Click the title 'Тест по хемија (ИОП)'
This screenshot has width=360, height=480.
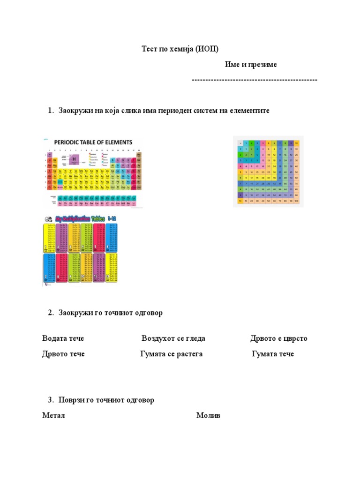pyautogui.click(x=180, y=49)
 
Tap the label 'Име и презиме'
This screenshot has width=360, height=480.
pyautogui.click(x=251, y=64)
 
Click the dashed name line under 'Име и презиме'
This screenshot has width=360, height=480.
pyautogui.click(x=255, y=80)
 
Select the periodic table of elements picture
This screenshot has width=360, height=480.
pyautogui.click(x=93, y=172)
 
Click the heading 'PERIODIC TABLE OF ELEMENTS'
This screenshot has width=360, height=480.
pyautogui.click(x=93, y=142)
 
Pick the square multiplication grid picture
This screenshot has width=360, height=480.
pyautogui.click(x=268, y=171)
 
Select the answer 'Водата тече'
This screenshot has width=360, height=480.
pyautogui.click(x=63, y=338)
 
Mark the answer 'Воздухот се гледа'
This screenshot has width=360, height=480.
pyautogui.click(x=173, y=338)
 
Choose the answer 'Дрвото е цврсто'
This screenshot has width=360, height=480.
pyautogui.click(x=279, y=338)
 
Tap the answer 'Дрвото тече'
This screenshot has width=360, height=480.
pyautogui.click(x=63, y=354)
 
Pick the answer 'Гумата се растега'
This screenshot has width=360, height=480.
pyautogui.click(x=171, y=354)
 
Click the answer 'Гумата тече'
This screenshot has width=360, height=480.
pyautogui.click(x=273, y=354)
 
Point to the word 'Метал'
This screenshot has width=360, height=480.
pyautogui.click(x=53, y=416)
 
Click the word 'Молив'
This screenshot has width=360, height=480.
pyautogui.click(x=208, y=416)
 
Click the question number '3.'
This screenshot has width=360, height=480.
pyautogui.click(x=51, y=400)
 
